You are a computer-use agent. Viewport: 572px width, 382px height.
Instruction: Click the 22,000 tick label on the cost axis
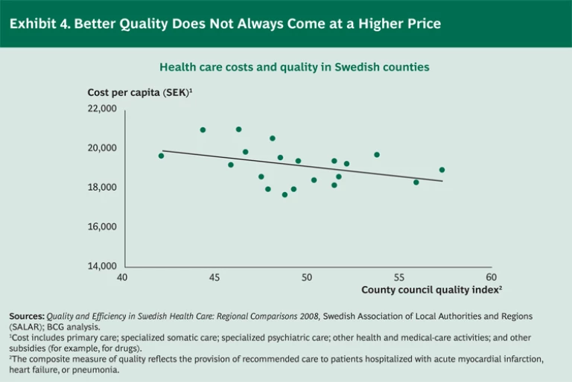[103, 109]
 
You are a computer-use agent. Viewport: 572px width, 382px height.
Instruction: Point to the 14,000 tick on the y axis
[103, 266]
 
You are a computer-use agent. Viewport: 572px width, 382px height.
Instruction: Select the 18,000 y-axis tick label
[103, 188]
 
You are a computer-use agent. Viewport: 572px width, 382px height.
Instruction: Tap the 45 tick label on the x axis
[214, 278]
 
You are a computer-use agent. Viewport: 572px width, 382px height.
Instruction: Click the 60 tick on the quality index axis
[491, 278]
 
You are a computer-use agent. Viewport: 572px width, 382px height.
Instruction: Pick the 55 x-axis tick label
[398, 278]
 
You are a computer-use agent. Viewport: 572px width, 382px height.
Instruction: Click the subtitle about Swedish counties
[294, 67]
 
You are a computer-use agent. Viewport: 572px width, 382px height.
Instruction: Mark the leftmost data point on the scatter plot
[161, 156]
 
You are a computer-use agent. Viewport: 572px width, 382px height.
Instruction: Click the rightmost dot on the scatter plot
[442, 170]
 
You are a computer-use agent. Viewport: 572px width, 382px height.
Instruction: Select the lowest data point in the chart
[285, 194]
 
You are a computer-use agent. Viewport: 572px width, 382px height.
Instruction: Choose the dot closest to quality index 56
[416, 182]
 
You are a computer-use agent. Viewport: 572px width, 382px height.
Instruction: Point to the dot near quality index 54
[377, 155]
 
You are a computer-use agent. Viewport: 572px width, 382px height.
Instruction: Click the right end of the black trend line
[442, 181]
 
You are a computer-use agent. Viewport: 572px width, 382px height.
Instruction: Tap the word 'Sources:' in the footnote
[27, 316]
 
